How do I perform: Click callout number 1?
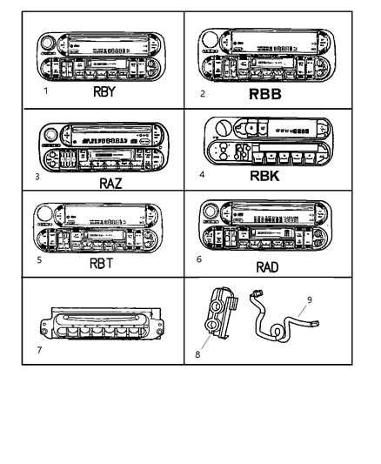pos(32,88)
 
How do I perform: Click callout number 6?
pos(201,259)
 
